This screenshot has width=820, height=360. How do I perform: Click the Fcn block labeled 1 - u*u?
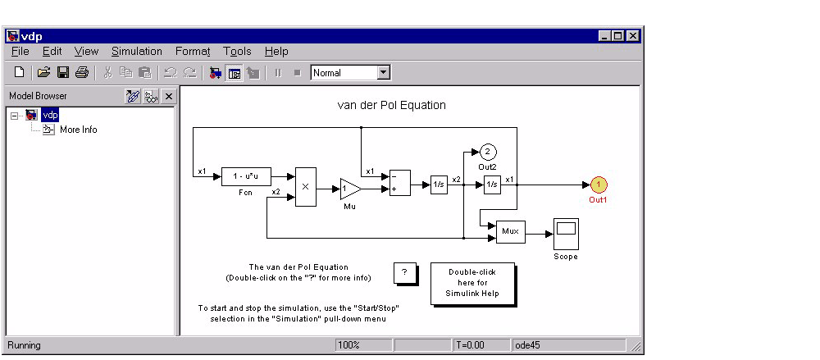246,176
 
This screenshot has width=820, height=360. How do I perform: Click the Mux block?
511,233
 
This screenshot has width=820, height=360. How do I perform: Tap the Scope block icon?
566,234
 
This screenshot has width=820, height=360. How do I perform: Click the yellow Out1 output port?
599,185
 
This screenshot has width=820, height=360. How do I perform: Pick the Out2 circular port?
487,152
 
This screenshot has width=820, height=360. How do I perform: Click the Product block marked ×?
305,187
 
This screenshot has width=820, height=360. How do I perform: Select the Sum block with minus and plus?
400,182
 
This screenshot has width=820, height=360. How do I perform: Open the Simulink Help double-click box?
472,283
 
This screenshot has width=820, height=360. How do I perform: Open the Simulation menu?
137,52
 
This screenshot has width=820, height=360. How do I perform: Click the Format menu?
193,52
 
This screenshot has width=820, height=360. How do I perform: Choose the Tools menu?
237,52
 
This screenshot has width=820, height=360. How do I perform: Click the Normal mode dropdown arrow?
383,73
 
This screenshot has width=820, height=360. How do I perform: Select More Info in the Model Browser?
78,130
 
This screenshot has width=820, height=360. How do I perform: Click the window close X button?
632,36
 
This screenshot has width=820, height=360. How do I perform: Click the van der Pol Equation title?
392,105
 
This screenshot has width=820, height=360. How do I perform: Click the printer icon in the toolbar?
81,73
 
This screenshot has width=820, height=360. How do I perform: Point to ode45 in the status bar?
526,345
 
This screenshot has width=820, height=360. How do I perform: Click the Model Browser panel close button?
168,97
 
